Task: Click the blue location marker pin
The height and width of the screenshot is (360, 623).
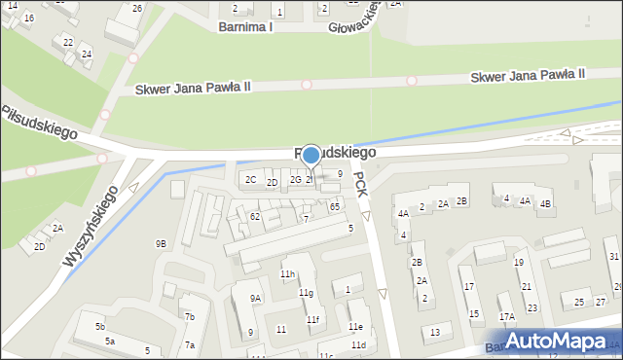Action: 311,155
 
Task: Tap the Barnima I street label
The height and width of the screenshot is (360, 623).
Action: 245,27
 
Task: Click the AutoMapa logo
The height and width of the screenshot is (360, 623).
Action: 556,341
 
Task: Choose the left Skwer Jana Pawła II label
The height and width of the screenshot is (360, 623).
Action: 193,87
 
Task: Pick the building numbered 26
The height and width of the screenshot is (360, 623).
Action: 137,9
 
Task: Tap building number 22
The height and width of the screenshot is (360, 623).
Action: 67,42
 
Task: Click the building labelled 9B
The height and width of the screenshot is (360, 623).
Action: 161,243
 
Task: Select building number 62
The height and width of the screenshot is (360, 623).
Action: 254,216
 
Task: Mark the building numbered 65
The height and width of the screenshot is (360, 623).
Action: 334,206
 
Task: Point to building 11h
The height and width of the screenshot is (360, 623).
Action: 287,274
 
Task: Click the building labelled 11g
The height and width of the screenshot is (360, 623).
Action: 306,293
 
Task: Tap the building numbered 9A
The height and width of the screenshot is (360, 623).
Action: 255,299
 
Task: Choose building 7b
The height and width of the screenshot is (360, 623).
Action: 191,316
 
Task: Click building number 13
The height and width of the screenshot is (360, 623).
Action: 435,333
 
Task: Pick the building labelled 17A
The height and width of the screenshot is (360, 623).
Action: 506,316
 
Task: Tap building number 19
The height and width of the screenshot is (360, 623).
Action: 519,263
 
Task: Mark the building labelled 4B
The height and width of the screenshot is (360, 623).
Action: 545,203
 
